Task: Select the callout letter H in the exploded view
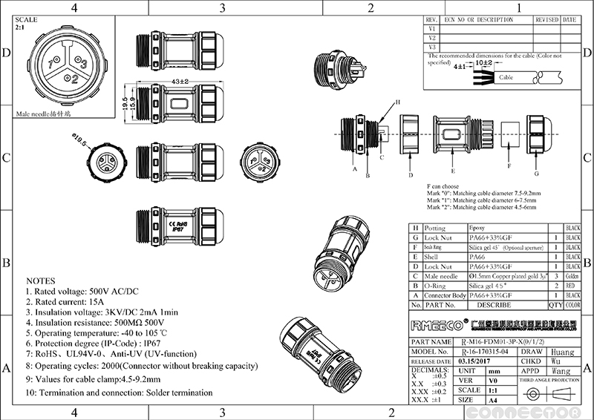[396, 102]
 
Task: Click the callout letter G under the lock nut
[536, 174]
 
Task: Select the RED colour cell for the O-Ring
[572, 285]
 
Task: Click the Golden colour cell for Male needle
[572, 275]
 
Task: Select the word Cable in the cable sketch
[507, 76]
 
